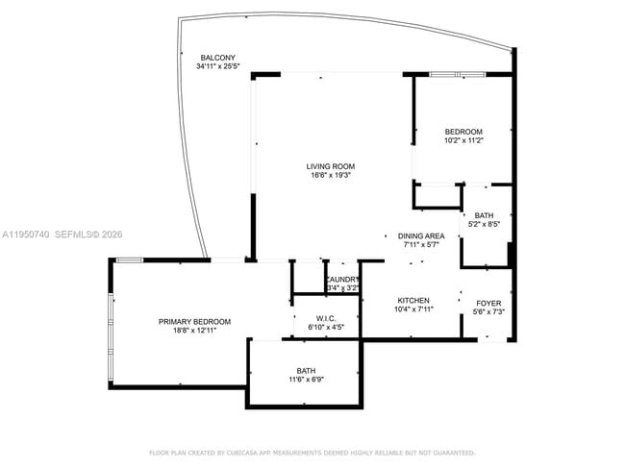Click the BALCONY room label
pos(217,58)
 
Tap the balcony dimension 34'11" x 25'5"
pos(217,67)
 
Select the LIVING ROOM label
pos(331,166)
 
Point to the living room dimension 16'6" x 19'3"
pos(331,176)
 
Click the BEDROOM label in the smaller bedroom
pos(463,132)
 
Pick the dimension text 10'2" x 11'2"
pos(463,141)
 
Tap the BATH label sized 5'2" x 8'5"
pos(484,215)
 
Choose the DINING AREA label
pos(421,235)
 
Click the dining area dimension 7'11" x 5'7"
pos(421,245)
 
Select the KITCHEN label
pos(413,300)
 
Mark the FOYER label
pos(487,303)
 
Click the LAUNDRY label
pos(342,280)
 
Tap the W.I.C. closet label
pos(325,318)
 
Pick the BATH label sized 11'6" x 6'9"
pos(306,370)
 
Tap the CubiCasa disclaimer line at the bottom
pos(312,452)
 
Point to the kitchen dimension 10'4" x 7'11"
pos(413,309)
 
